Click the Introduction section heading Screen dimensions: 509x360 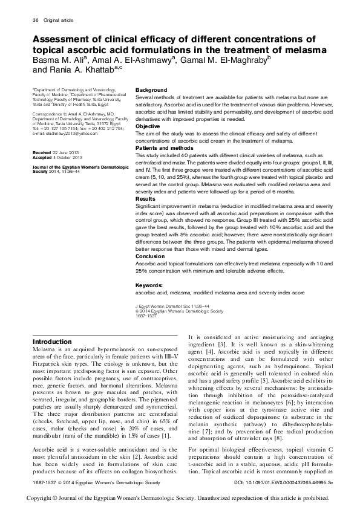(52, 342)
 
